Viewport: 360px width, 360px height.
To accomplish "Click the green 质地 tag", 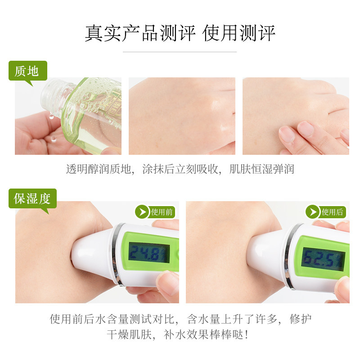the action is tap(28, 71).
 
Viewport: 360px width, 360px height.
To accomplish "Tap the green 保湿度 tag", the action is tap(32, 198).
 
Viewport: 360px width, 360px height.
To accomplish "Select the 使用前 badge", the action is tap(155, 211).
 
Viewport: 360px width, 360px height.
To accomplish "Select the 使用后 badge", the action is tap(326, 211).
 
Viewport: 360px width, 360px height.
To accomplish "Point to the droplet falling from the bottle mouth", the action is tap(51, 117).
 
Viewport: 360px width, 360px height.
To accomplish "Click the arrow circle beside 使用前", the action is tap(142, 211).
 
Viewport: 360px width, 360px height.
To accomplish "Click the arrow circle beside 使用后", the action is tap(313, 211).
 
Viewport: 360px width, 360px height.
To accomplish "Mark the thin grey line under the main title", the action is tap(180, 52).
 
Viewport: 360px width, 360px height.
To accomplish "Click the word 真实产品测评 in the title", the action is tap(140, 33).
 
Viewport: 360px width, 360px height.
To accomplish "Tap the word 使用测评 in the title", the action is tap(239, 33).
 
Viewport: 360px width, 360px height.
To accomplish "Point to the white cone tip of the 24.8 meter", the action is tap(92, 254).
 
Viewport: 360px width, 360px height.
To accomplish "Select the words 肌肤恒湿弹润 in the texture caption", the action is tap(262, 169).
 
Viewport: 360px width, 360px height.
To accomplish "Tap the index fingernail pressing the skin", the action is tap(306, 128).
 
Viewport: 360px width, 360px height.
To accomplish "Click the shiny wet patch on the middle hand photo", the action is tap(220, 115).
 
